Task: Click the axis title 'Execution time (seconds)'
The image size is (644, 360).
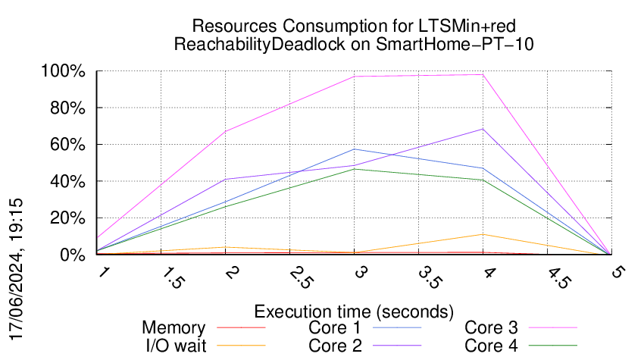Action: click(x=354, y=311)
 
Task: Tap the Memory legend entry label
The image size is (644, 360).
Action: click(x=174, y=328)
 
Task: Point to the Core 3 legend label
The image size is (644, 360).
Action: click(x=491, y=328)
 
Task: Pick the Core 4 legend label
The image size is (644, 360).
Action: click(x=491, y=345)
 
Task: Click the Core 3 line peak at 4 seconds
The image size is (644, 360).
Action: click(x=483, y=74)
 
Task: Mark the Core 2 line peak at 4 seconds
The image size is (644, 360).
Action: click(x=483, y=129)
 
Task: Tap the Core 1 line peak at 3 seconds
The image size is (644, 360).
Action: click(x=355, y=149)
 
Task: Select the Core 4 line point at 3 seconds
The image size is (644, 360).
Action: click(x=355, y=169)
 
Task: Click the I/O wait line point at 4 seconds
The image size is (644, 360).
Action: click(x=483, y=234)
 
